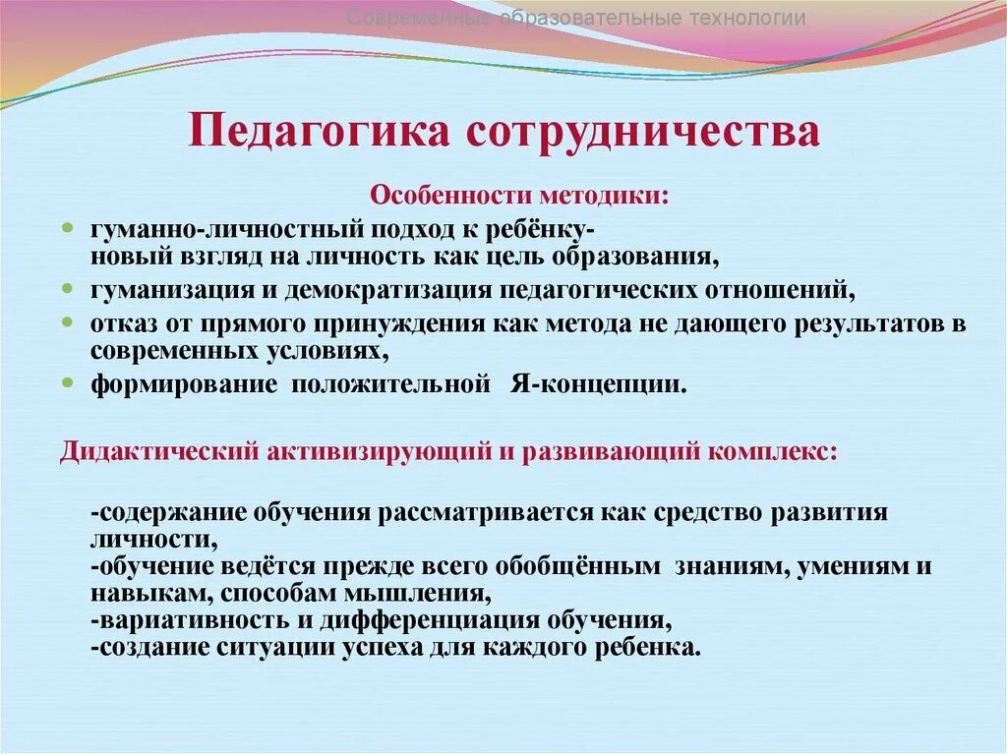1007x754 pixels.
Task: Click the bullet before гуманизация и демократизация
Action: click(x=68, y=290)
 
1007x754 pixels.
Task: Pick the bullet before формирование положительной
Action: click(x=68, y=382)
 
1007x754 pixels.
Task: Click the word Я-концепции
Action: click(x=612, y=383)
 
